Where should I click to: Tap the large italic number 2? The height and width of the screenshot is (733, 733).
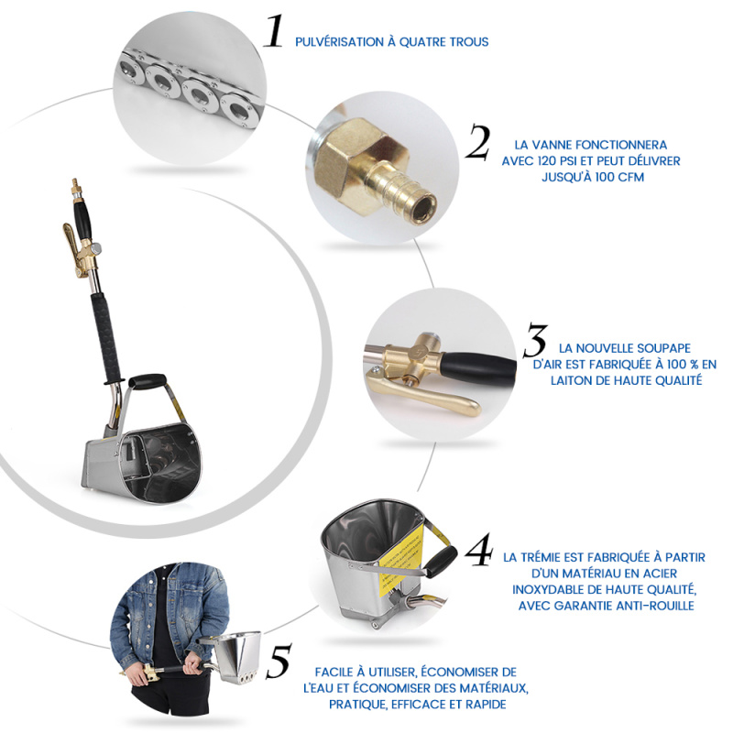point(477,141)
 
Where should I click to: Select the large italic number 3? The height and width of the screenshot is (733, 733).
point(535,340)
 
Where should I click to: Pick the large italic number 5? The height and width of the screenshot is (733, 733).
point(279,661)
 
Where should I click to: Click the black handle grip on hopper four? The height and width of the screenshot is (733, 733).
point(442,560)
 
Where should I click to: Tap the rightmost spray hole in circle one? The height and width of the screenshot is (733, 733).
point(239,111)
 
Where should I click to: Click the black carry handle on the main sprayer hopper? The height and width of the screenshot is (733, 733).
point(147,380)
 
